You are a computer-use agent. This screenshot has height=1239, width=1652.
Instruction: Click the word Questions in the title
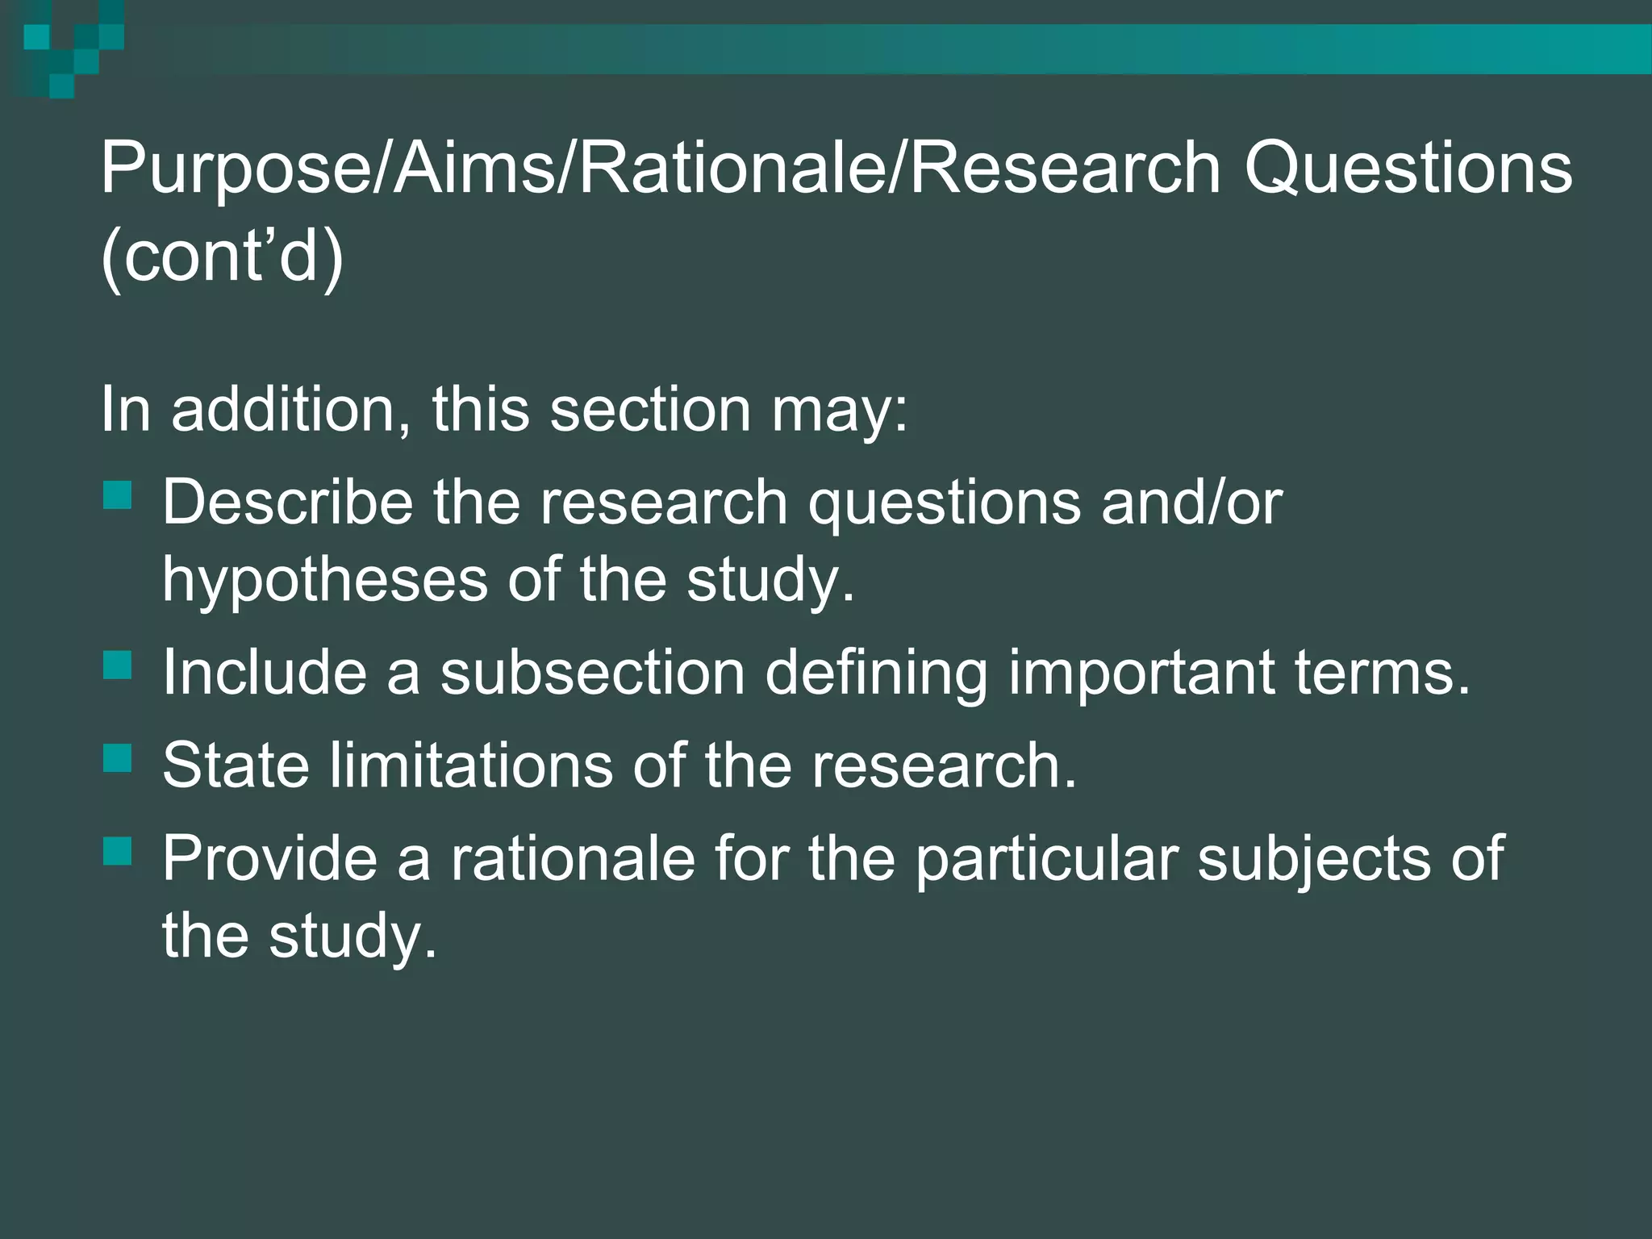point(1407,169)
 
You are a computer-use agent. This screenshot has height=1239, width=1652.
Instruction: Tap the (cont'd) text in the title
point(222,257)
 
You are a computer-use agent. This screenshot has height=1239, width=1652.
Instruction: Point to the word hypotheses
point(324,581)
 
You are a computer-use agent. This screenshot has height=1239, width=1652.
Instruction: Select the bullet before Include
point(118,665)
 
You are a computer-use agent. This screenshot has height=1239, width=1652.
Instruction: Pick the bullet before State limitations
point(118,758)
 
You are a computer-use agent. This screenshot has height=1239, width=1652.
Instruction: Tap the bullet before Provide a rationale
point(118,851)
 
